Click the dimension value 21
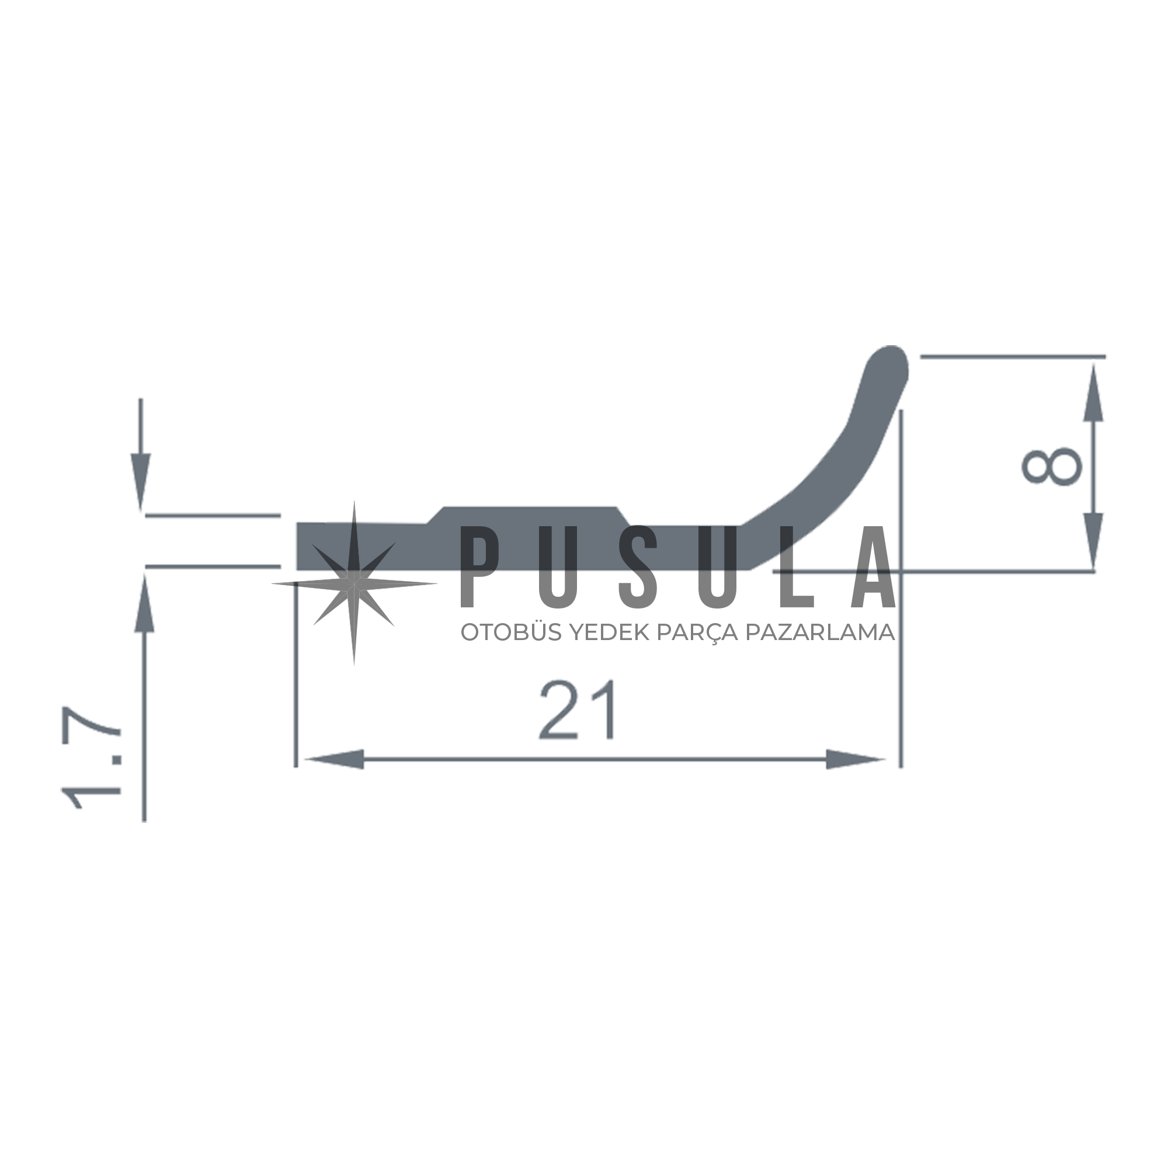click(578, 710)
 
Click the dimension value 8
click(1051, 467)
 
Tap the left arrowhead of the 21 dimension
click(333, 759)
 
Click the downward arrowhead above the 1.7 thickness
click(141, 482)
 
